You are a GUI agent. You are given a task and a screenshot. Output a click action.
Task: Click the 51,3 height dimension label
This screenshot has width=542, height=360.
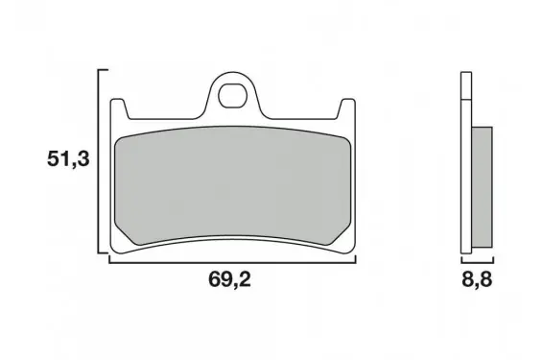click(68, 159)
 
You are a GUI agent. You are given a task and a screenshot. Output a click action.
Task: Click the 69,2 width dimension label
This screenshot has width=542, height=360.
click(229, 279)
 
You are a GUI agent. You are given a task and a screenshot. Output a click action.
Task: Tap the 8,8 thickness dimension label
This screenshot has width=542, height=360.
click(477, 279)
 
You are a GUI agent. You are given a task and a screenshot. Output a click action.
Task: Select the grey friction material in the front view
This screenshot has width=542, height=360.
click(232, 185)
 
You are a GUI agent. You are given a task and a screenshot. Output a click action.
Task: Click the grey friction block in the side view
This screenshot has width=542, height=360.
click(482, 187)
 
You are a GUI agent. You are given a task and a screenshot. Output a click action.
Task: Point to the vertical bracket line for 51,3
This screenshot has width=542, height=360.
click(99, 161)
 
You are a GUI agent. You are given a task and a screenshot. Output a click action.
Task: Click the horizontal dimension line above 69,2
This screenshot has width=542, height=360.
click(232, 263)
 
